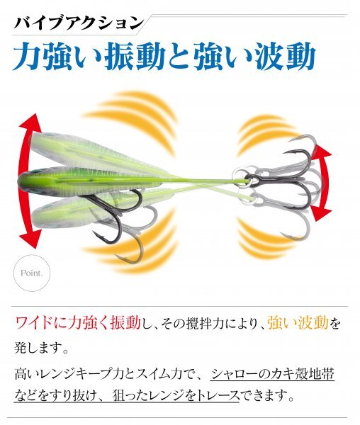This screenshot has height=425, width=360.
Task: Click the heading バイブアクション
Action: (79, 23)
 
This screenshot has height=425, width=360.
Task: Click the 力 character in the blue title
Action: (25, 56)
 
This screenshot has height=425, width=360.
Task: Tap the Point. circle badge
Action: (32, 273)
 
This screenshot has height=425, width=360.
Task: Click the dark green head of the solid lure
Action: (30, 179)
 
